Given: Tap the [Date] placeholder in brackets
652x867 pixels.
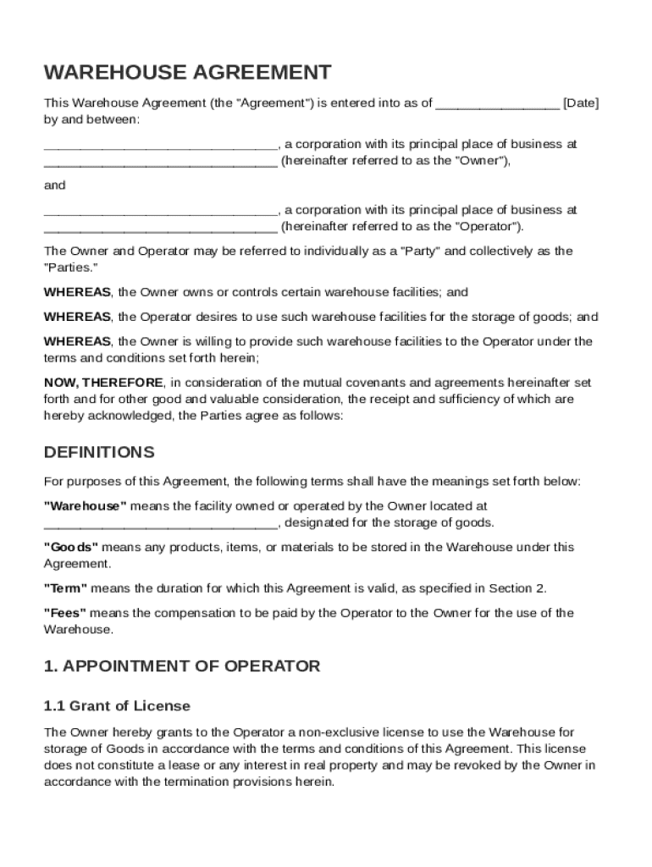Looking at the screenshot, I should (581, 103).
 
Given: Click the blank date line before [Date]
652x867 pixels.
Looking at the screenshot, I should (497, 105).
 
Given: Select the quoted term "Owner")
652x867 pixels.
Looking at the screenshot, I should (483, 160).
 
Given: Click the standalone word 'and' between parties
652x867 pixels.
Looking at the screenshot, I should (54, 185).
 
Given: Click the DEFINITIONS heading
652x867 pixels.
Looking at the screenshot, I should (99, 451).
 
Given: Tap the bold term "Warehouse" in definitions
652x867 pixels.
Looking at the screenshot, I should (86, 506).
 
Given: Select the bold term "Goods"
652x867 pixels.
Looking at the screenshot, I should (71, 547).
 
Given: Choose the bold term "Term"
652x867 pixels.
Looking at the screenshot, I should (66, 588).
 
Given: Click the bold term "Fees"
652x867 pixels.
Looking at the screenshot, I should (64, 612).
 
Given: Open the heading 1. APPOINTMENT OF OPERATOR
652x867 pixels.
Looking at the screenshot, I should (182, 666).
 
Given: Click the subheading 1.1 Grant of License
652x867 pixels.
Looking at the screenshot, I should (117, 706).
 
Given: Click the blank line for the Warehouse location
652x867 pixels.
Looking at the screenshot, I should (160, 524).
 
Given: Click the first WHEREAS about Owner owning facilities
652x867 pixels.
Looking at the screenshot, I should (77, 292).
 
